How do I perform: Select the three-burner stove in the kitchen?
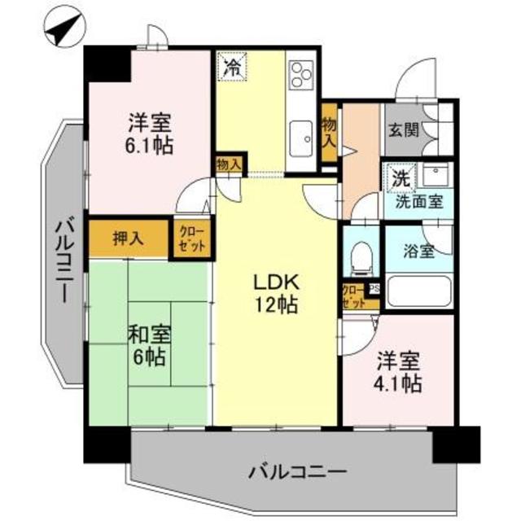pyautogui.click(x=300, y=74)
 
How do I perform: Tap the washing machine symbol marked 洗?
pyautogui.click(x=400, y=177)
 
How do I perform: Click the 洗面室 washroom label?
pyautogui.click(x=419, y=201)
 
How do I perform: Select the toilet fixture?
pyautogui.click(x=358, y=257)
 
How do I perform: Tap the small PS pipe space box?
pyautogui.click(x=375, y=288)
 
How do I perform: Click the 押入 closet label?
pyautogui.click(x=128, y=239)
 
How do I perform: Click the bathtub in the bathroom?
pyautogui.click(x=419, y=291)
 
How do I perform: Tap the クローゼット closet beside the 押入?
pyautogui.click(x=192, y=239)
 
